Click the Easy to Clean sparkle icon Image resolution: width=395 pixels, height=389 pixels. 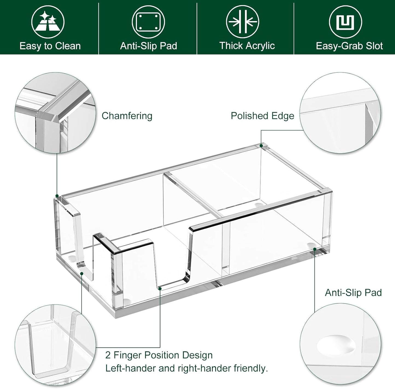pyautogui.click(x=48, y=22)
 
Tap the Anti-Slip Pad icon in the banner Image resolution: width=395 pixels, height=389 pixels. pyautogui.click(x=148, y=22)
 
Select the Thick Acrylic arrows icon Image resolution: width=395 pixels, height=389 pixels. pyautogui.click(x=242, y=22)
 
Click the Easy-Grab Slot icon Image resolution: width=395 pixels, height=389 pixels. pyautogui.click(x=345, y=22)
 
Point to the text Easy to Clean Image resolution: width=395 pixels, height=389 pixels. pyautogui.click(x=50, y=46)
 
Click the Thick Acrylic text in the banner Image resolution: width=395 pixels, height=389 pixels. pyautogui.click(x=247, y=46)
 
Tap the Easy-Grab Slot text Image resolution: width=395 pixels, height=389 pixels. pyautogui.click(x=349, y=46)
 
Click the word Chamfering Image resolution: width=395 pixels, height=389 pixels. pyautogui.click(x=127, y=116)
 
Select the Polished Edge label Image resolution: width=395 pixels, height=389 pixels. pyautogui.click(x=262, y=116)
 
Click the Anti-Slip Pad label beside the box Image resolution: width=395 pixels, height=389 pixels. pyautogui.click(x=353, y=293)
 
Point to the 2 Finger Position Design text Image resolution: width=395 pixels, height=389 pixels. pyautogui.click(x=159, y=355)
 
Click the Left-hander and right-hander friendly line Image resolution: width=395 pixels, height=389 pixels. pyautogui.click(x=186, y=368)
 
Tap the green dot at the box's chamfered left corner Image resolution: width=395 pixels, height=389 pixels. pyautogui.click(x=57, y=196)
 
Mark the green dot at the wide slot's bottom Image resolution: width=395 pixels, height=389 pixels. pyautogui.click(x=160, y=288)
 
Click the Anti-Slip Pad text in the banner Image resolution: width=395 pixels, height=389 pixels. pyautogui.click(x=148, y=46)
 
